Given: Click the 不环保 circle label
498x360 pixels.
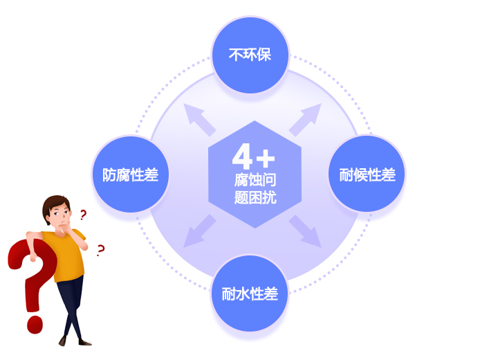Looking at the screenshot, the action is coord(250,55).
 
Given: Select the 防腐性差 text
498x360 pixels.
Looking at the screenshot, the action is coord(130,174).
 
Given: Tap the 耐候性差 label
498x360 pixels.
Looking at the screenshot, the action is coord(367,174).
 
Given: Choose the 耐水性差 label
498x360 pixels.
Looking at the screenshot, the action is coord(250,294).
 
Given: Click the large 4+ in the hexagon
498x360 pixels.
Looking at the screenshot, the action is coord(253,156).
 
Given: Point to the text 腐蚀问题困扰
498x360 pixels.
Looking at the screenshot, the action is coord(255,188).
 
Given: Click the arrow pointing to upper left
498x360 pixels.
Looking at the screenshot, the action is coord(199,120).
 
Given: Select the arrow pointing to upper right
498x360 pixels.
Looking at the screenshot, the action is coord(305,120).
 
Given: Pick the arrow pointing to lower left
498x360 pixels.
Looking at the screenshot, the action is coord(199,231).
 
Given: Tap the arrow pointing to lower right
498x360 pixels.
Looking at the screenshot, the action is coord(305,231).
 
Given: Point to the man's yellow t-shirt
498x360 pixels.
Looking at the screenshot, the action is coord(66,254).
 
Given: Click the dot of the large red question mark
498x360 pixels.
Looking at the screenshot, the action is coord(35,325).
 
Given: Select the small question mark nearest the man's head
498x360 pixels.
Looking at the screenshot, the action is coord(83,215).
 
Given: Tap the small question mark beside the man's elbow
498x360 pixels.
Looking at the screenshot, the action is coord(101,251).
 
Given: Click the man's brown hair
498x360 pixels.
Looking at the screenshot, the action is coord(55,205).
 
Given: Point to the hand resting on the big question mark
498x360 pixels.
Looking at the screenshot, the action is coord(33,257).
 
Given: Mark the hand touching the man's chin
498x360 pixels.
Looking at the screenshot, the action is coord(67,226).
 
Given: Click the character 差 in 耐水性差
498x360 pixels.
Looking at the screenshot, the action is coord(272,294).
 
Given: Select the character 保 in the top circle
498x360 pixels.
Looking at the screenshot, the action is coord(264,55).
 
